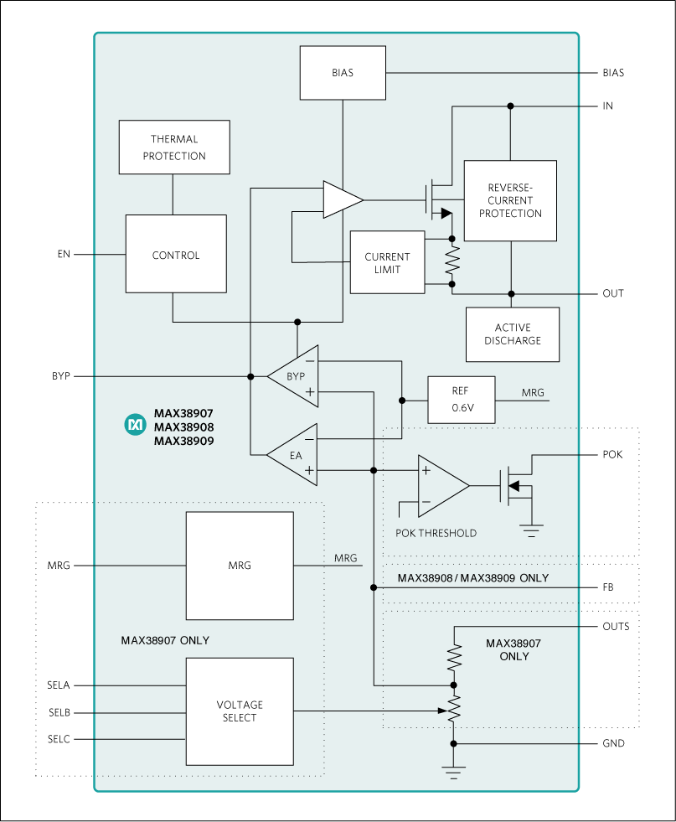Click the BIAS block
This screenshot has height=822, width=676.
(342, 73)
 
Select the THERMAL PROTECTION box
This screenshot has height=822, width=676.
(174, 147)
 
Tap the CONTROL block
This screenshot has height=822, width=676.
(176, 255)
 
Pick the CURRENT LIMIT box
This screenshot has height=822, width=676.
(387, 262)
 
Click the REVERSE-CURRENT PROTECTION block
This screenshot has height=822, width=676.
(510, 201)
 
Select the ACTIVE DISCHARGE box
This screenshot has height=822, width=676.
(512, 334)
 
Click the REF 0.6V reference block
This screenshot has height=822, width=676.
(461, 400)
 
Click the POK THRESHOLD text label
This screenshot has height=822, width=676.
(436, 533)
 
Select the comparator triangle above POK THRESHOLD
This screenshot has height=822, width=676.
(440, 486)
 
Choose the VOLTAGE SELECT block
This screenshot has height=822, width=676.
(240, 711)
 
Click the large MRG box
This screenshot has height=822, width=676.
(240, 566)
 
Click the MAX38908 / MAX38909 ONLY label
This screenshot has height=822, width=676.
(473, 578)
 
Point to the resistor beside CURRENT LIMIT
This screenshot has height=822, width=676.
(452, 261)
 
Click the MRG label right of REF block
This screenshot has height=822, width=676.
(533, 392)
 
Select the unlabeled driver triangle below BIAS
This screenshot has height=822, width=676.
(340, 200)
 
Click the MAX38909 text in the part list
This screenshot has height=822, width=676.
(183, 440)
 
